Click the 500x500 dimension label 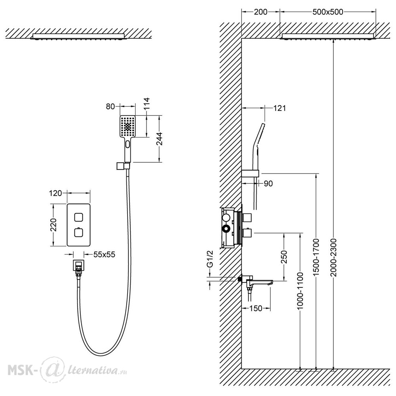coord(327,12)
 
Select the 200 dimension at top coord(261,12)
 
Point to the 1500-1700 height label coord(316,257)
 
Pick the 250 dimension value coord(284,257)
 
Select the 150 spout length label coord(256,308)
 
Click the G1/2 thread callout coord(210,259)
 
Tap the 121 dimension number coord(280,108)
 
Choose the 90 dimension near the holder coord(268,183)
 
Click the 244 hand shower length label coord(159,139)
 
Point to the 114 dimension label coord(146,103)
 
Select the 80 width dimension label coord(110,107)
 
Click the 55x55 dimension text coord(104,254)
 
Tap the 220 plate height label coord(53,225)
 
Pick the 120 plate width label coord(55,193)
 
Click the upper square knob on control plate coord(78,217)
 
